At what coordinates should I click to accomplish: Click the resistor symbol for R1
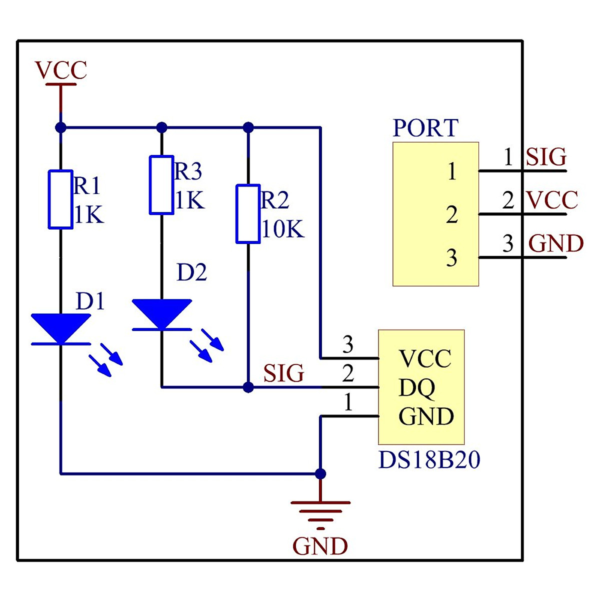(x=60, y=199)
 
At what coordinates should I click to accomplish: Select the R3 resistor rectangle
(x=161, y=185)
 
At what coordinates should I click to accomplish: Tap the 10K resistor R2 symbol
(x=248, y=214)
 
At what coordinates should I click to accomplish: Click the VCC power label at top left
(x=61, y=70)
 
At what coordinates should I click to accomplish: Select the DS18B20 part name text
(x=429, y=460)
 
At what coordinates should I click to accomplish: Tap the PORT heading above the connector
(x=425, y=128)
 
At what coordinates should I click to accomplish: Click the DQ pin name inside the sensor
(x=416, y=387)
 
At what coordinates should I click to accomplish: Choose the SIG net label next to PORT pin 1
(x=546, y=157)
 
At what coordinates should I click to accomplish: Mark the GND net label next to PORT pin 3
(x=556, y=244)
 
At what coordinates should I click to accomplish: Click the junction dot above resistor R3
(x=161, y=127)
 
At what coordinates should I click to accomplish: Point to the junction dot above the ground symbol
(x=320, y=473)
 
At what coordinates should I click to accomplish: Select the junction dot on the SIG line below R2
(x=248, y=387)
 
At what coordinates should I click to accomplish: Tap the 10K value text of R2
(x=283, y=229)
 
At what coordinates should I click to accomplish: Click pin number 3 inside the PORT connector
(x=452, y=258)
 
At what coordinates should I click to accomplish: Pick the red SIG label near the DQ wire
(x=283, y=373)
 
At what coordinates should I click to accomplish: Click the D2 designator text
(x=191, y=272)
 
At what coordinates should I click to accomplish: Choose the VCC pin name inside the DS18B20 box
(x=425, y=359)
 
